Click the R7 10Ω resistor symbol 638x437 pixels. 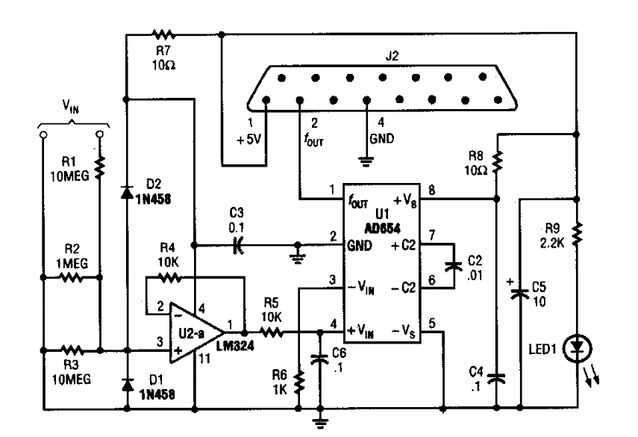coord(162,34)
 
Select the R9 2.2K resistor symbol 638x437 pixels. coord(576,234)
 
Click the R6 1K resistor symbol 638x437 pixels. coord(298,382)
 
